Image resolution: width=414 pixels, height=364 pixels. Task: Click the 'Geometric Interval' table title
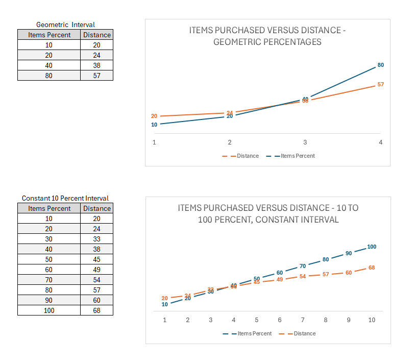click(65, 25)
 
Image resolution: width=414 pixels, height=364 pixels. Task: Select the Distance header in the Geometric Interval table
click(96, 35)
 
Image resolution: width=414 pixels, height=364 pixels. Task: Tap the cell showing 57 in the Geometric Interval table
click(96, 76)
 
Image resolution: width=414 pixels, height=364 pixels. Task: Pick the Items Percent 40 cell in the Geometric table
click(49, 65)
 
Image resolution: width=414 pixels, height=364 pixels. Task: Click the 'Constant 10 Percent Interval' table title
click(65, 198)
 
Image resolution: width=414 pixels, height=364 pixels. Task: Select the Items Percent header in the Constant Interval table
click(49, 208)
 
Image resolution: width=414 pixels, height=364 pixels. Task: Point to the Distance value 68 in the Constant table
click(96, 310)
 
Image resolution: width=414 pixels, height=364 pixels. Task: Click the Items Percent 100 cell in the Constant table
click(49, 310)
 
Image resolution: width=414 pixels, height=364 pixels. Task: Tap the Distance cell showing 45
click(96, 259)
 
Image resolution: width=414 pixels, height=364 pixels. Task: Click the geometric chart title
click(267, 36)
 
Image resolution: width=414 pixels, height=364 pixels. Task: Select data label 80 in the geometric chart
click(380, 65)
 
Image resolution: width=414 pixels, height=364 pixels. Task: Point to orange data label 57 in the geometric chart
click(380, 84)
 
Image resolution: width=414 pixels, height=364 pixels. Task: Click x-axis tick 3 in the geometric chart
click(305, 142)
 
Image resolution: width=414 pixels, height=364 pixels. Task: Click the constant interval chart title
click(268, 214)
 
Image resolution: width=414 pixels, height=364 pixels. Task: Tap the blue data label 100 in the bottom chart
click(372, 247)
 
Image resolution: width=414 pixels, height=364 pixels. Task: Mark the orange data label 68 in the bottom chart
click(372, 268)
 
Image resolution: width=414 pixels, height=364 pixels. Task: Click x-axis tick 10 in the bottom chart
click(372, 320)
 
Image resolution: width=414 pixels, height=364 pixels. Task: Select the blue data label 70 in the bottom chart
click(303, 266)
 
